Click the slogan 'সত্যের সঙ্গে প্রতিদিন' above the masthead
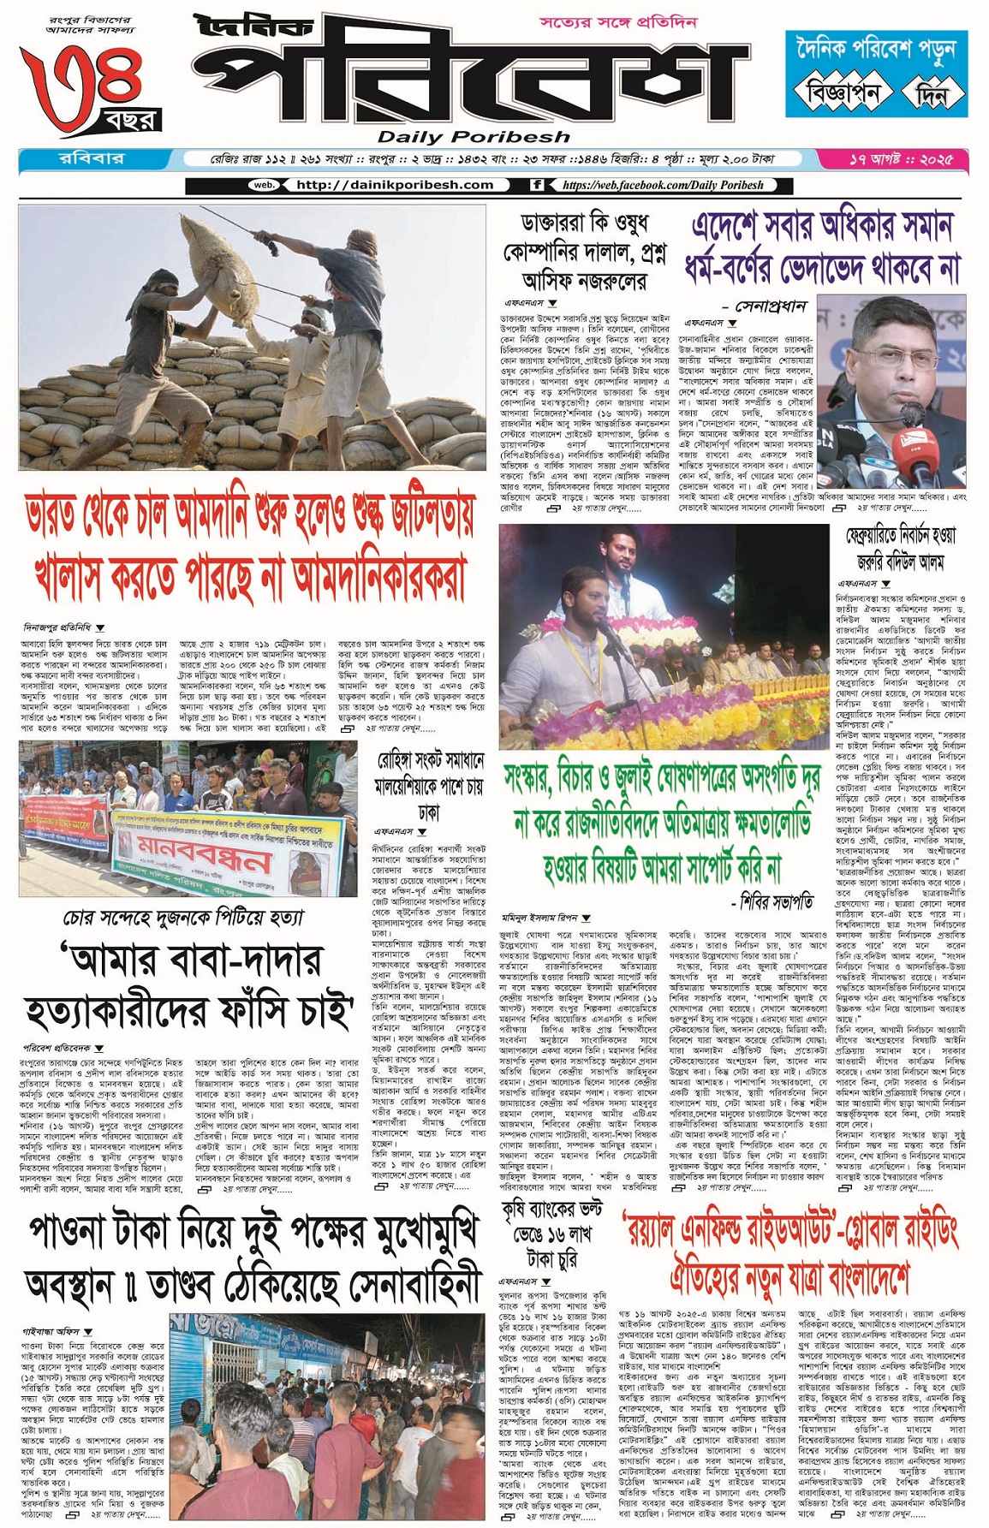pos(618,22)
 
